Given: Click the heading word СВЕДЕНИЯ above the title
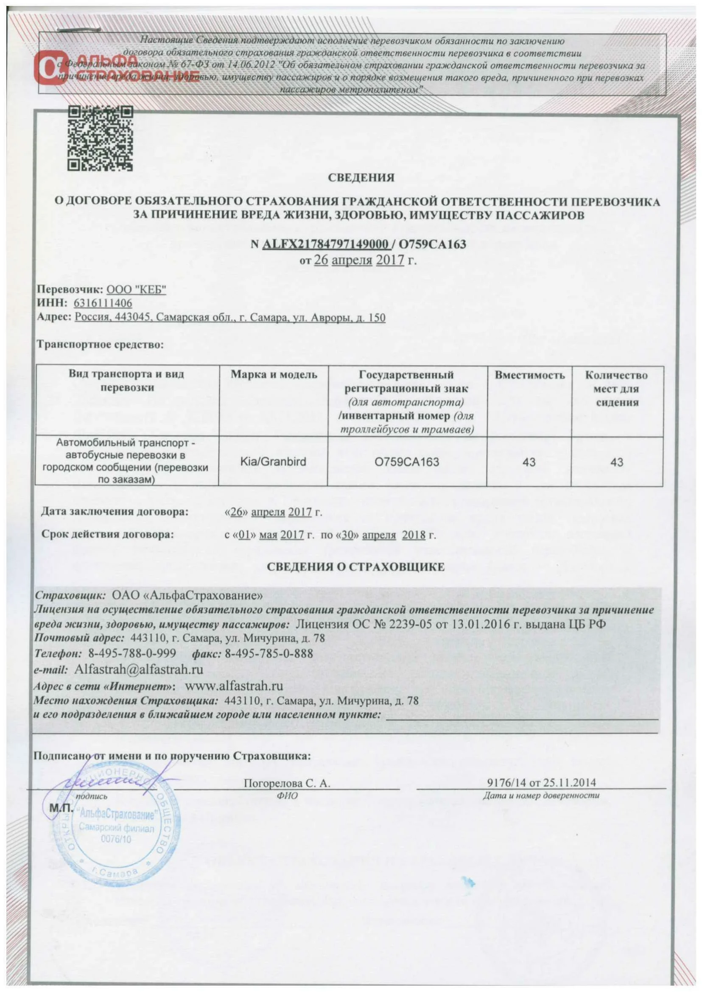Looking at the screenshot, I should click(x=361, y=178).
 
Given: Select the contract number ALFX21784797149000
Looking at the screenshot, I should click(x=324, y=244).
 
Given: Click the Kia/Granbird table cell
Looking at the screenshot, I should click(x=273, y=462).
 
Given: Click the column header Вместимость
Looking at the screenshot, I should click(x=529, y=375).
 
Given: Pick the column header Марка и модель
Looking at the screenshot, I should click(x=274, y=375).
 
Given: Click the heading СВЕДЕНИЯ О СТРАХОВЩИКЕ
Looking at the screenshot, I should click(x=355, y=567).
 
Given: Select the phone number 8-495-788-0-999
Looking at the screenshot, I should click(x=132, y=653).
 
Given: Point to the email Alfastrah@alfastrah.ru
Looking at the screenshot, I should click(x=138, y=670).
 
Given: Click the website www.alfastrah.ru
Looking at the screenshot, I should click(x=234, y=685).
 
